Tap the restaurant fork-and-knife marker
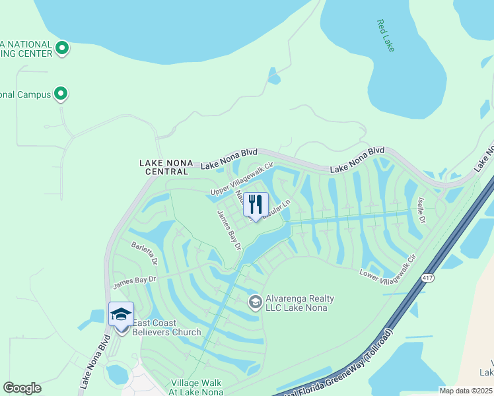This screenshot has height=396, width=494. [256, 205]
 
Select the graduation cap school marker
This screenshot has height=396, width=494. [121, 314]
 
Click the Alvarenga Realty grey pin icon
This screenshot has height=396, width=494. [255, 302]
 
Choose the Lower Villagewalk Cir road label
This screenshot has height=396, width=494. [388, 267]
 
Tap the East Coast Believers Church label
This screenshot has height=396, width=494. [166, 327]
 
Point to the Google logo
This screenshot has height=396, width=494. [22, 388]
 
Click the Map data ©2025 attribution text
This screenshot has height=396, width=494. [466, 391]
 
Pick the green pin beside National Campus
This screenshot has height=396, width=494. [61, 94]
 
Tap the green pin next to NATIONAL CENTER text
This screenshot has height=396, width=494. [62, 48]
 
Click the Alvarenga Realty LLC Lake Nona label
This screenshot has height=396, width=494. [299, 304]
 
